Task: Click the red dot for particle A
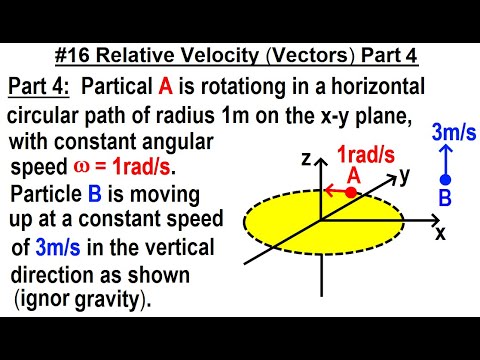click(351, 191)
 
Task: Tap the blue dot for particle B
click(445, 179)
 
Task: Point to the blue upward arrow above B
click(444, 156)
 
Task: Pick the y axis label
click(404, 177)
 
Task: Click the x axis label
click(439, 233)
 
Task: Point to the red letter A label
click(353, 174)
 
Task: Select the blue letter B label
click(445, 199)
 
